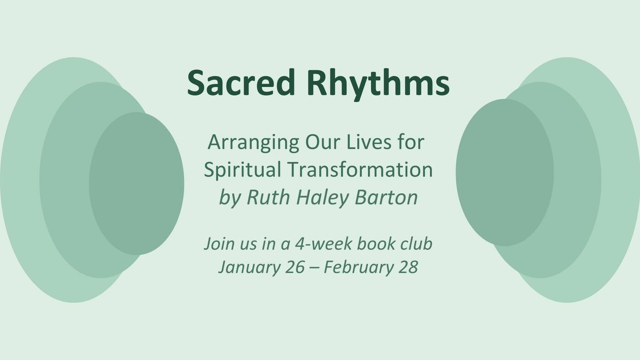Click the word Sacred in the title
point(241,83)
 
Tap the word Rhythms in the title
point(379,85)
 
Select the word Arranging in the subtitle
point(253,143)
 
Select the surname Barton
point(386,197)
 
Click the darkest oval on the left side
point(136,183)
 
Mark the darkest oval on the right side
point(505,173)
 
